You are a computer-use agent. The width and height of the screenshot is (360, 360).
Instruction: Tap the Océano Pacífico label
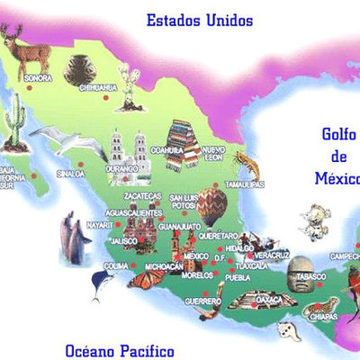click(120, 349)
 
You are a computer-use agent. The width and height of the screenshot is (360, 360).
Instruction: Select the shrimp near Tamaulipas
click(244, 163)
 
